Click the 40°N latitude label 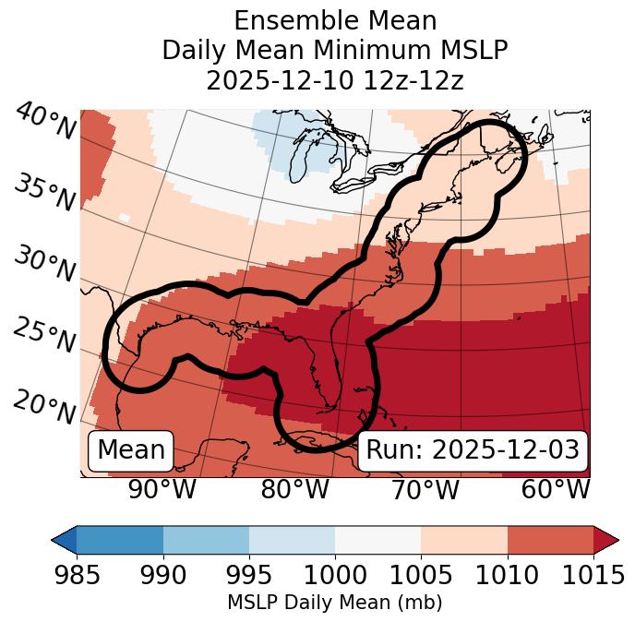coord(45,121)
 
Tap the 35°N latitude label coord(45,193)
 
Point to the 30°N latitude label coord(45,265)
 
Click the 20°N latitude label coord(45,407)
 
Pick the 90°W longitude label coord(162,490)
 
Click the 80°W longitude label coord(294,490)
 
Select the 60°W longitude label coord(556,490)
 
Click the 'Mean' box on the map coord(131,450)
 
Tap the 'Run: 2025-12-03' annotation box coord(473,450)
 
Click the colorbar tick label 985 coord(77,575)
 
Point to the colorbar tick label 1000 coord(335,575)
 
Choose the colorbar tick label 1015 coord(593,575)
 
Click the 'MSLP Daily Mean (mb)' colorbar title coord(334,603)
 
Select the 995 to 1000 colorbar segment coord(292,540)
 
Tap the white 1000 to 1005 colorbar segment coord(377,540)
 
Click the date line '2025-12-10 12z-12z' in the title coord(335,80)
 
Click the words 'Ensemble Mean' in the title coord(335,20)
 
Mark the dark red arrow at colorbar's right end coord(606,540)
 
